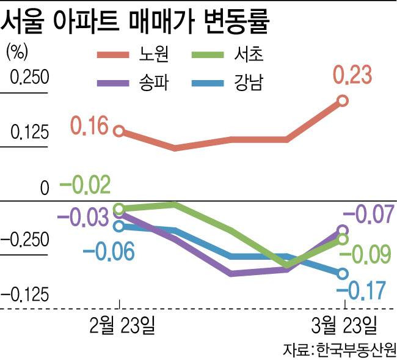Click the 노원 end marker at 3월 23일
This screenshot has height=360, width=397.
[343, 101]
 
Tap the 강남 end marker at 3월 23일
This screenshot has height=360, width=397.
[343, 274]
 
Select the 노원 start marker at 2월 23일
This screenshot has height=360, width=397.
[120, 131]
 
